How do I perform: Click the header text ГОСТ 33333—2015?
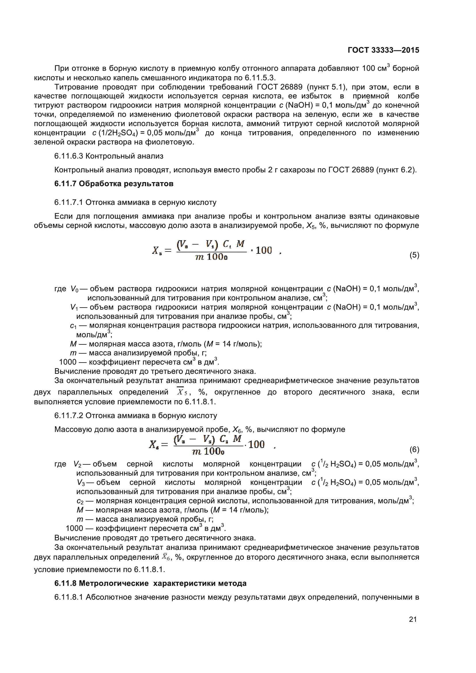coord(383,50)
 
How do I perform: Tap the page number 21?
coord(413,619)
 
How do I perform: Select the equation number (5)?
coord(414,255)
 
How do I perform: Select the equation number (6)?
coord(414,449)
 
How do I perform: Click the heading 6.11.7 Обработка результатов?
coord(114,184)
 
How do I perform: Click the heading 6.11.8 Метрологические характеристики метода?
coord(150,583)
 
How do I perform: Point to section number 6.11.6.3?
coord(69,156)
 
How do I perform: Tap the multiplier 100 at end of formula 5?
coord(264,250)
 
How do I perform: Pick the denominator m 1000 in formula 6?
coord(208,451)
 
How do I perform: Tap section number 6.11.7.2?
coord(69,416)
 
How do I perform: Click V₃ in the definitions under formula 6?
coord(81,483)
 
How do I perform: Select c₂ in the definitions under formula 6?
coord(80,501)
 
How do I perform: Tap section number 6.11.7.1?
coord(69,203)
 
